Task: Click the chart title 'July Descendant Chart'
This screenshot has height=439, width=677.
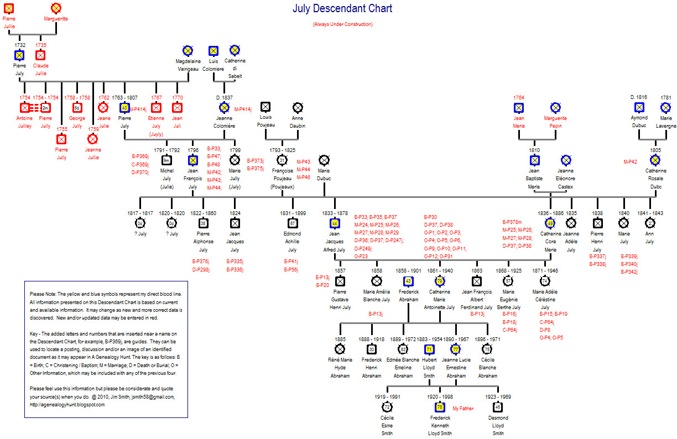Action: point(342,9)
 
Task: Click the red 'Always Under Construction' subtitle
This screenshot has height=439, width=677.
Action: point(342,24)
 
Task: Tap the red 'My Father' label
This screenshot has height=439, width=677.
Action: point(463,409)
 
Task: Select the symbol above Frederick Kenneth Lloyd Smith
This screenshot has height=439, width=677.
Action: point(440,407)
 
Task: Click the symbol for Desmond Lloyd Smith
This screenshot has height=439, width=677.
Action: point(498,407)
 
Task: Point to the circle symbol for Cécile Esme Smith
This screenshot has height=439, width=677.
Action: point(387,407)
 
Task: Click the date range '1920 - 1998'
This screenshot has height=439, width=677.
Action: point(440,396)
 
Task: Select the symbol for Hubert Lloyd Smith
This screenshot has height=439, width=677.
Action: point(429,349)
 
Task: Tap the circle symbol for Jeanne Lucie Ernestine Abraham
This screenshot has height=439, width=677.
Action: point(456,349)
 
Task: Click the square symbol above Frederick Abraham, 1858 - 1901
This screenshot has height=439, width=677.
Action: point(408,280)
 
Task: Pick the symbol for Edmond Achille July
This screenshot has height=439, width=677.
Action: point(293,223)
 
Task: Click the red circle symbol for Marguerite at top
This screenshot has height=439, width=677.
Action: point(56,8)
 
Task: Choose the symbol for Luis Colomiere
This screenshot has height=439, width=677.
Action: point(213,50)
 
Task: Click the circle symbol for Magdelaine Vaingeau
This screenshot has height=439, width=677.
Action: point(187,50)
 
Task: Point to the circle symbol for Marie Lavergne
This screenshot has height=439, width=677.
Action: point(665,107)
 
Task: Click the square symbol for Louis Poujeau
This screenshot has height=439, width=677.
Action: point(265,107)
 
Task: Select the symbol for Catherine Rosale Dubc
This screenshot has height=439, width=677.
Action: point(655,160)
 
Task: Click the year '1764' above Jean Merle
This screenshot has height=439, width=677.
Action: point(518,97)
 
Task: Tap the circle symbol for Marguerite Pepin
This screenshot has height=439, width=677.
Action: point(555,107)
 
